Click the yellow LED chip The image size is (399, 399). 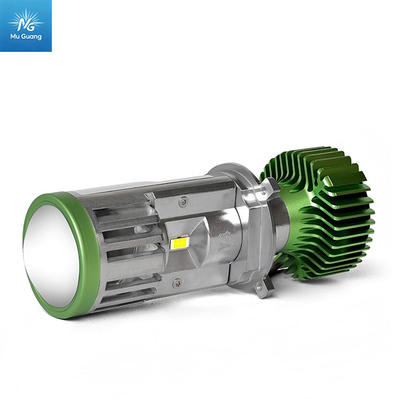click(179, 243)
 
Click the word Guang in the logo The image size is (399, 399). click(31, 37)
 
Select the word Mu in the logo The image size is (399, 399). click(15, 36)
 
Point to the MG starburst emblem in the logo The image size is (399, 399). click(25, 21)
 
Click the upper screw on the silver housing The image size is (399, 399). click(184, 202)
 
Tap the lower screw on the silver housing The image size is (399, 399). click(178, 283)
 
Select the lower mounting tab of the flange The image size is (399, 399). click(262, 288)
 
